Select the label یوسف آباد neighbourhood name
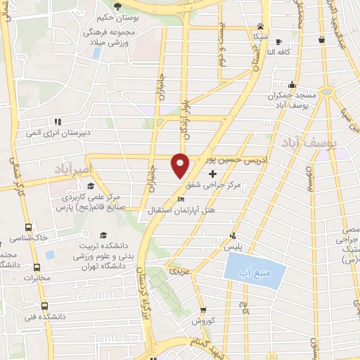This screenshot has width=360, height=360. tap(333, 143)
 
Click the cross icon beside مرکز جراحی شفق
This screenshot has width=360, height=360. tap(213, 172)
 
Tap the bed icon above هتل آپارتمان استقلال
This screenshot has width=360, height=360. tap(182, 199)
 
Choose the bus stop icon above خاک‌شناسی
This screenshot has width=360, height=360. tap(29, 228)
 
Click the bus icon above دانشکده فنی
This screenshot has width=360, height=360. tap(44, 307)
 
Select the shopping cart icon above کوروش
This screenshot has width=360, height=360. tap(203, 309)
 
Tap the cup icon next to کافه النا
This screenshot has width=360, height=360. tap(279, 41)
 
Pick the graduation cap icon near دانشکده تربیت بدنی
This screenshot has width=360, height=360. tap(103, 235)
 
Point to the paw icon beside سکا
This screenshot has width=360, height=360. tap(261, 25)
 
